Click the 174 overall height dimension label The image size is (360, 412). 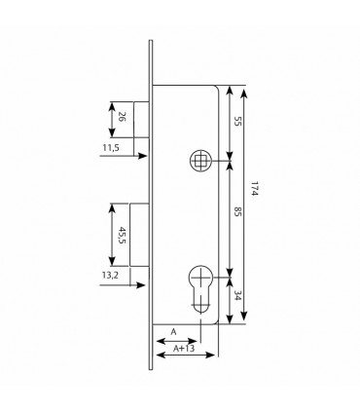[254, 188]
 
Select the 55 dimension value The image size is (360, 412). [237, 122]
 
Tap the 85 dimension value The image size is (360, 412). [237, 213]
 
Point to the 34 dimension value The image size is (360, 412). [237, 295]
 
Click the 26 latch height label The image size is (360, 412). [122, 117]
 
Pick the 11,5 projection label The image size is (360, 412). [111, 148]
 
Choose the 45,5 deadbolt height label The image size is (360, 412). [122, 235]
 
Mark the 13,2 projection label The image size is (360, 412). [110, 276]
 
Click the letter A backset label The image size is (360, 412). [174, 332]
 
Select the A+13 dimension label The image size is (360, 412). [184, 349]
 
